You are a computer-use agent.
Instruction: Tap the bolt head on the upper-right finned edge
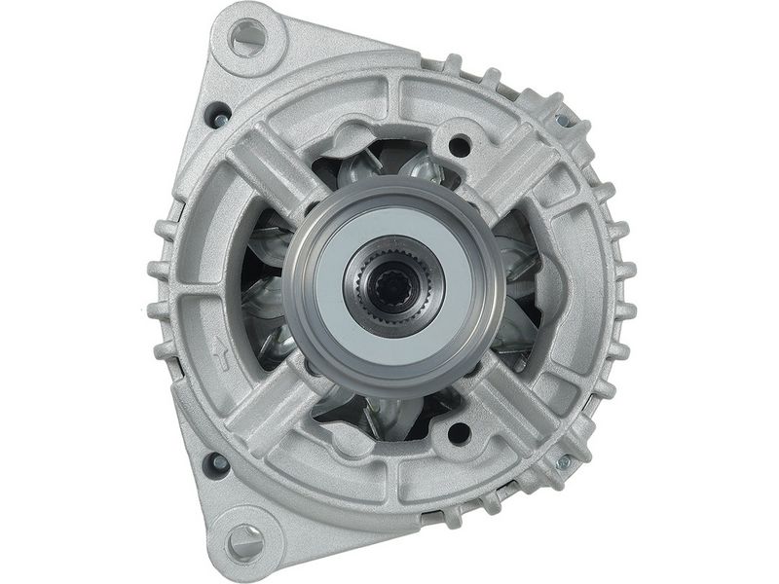click(x=563, y=120)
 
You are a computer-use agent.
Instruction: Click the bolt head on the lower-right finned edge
click(x=562, y=464)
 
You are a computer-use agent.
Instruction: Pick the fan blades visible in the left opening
click(x=265, y=292)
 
